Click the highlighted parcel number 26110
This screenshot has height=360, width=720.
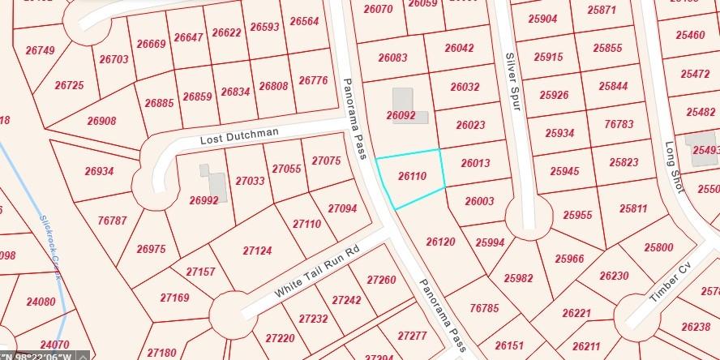413,176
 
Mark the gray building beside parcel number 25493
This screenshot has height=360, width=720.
698,146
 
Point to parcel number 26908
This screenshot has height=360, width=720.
101,121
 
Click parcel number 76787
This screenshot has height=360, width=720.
112,220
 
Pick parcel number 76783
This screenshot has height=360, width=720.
619,124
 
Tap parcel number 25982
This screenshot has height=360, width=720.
518,277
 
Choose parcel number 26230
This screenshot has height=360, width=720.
614,276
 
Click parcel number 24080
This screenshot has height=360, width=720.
41,302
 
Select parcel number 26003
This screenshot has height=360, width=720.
479,201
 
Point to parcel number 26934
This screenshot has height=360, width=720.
99,171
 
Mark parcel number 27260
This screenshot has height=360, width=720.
381,280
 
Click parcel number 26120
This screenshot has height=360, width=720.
440,242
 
